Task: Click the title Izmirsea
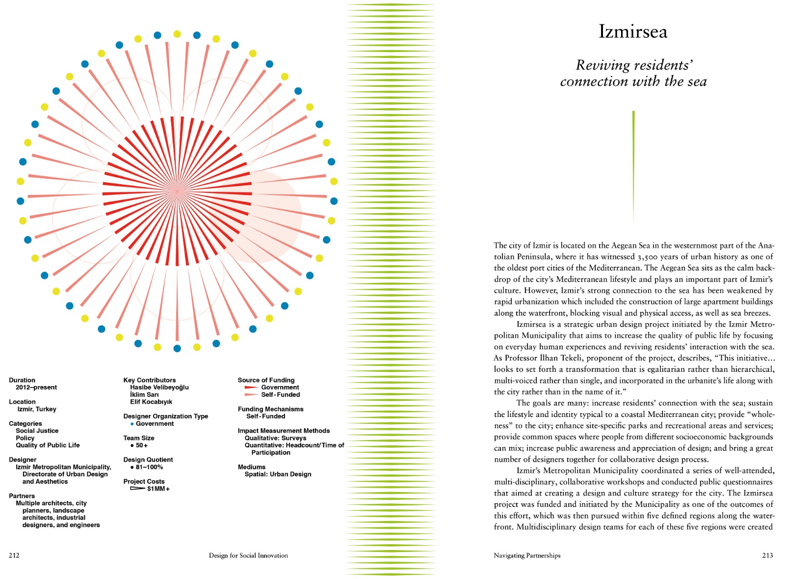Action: tap(632, 31)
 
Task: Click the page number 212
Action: tap(14, 555)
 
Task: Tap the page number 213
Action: tap(767, 555)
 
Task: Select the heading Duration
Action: tap(22, 380)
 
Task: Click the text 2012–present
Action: tap(36, 387)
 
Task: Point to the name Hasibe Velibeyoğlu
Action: tap(159, 387)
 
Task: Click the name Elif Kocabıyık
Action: tap(151, 402)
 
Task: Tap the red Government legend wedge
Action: tap(251, 387)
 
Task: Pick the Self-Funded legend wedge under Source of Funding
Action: tap(251, 395)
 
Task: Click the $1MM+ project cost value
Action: tap(158, 489)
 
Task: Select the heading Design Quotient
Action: tap(148, 460)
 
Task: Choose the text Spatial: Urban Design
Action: tap(278, 474)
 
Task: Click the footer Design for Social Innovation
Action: tap(248, 555)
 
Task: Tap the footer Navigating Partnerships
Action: tap(527, 555)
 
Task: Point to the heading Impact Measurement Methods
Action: tap(284, 431)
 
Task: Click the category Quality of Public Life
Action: tap(48, 445)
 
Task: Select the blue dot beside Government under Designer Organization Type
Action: tap(132, 424)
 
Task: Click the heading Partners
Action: tap(22, 496)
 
